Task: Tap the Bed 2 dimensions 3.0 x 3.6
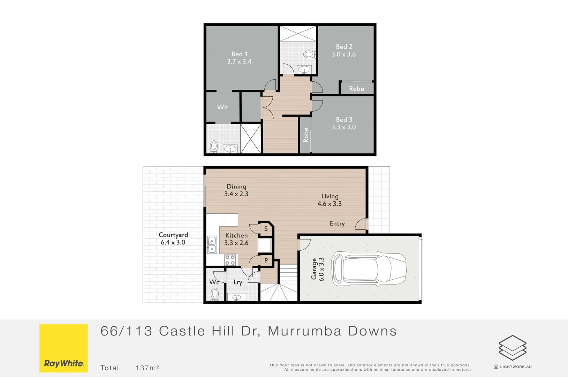(343, 54)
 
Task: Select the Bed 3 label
(344, 120)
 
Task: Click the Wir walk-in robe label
(222, 107)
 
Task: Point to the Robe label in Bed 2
(356, 89)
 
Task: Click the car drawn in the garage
(369, 269)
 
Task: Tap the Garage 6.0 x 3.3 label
(318, 269)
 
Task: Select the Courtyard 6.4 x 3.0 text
(173, 239)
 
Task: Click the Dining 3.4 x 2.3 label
(236, 190)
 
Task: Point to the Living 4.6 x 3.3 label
(330, 200)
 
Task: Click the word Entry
(337, 224)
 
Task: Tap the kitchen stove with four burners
(230, 260)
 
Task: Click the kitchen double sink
(212, 245)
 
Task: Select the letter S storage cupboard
(266, 229)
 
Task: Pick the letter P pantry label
(266, 260)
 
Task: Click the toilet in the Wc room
(215, 294)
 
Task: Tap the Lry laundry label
(238, 282)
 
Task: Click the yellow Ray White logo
(63, 348)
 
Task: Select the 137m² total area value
(147, 368)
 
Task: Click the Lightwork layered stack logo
(512, 348)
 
